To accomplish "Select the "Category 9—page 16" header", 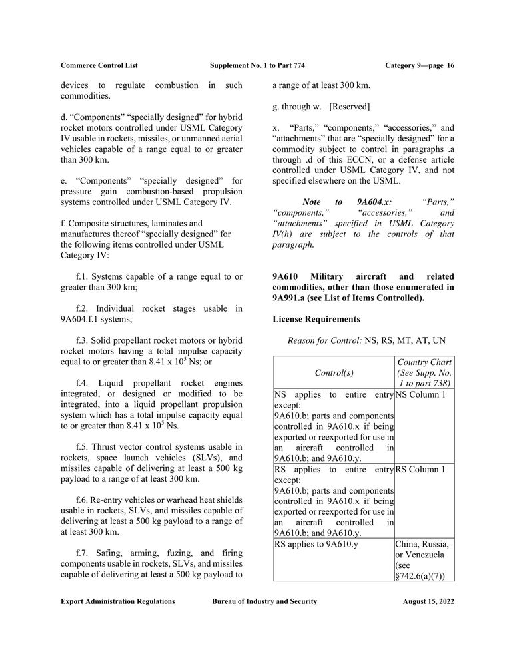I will [x=420, y=65].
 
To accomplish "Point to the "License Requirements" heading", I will [x=316, y=319].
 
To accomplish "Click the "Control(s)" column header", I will [x=334, y=372].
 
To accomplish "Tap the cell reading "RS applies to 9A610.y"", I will [x=317, y=544].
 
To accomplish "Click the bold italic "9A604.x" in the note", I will [x=374, y=202].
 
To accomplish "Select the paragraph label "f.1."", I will [x=83, y=276].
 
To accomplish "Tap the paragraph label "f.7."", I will [x=83, y=553].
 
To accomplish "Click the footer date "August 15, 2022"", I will [x=428, y=601].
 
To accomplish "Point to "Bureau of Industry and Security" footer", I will [x=264, y=601].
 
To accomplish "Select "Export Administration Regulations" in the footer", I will [x=118, y=601].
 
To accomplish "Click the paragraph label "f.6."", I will [x=83, y=499].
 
